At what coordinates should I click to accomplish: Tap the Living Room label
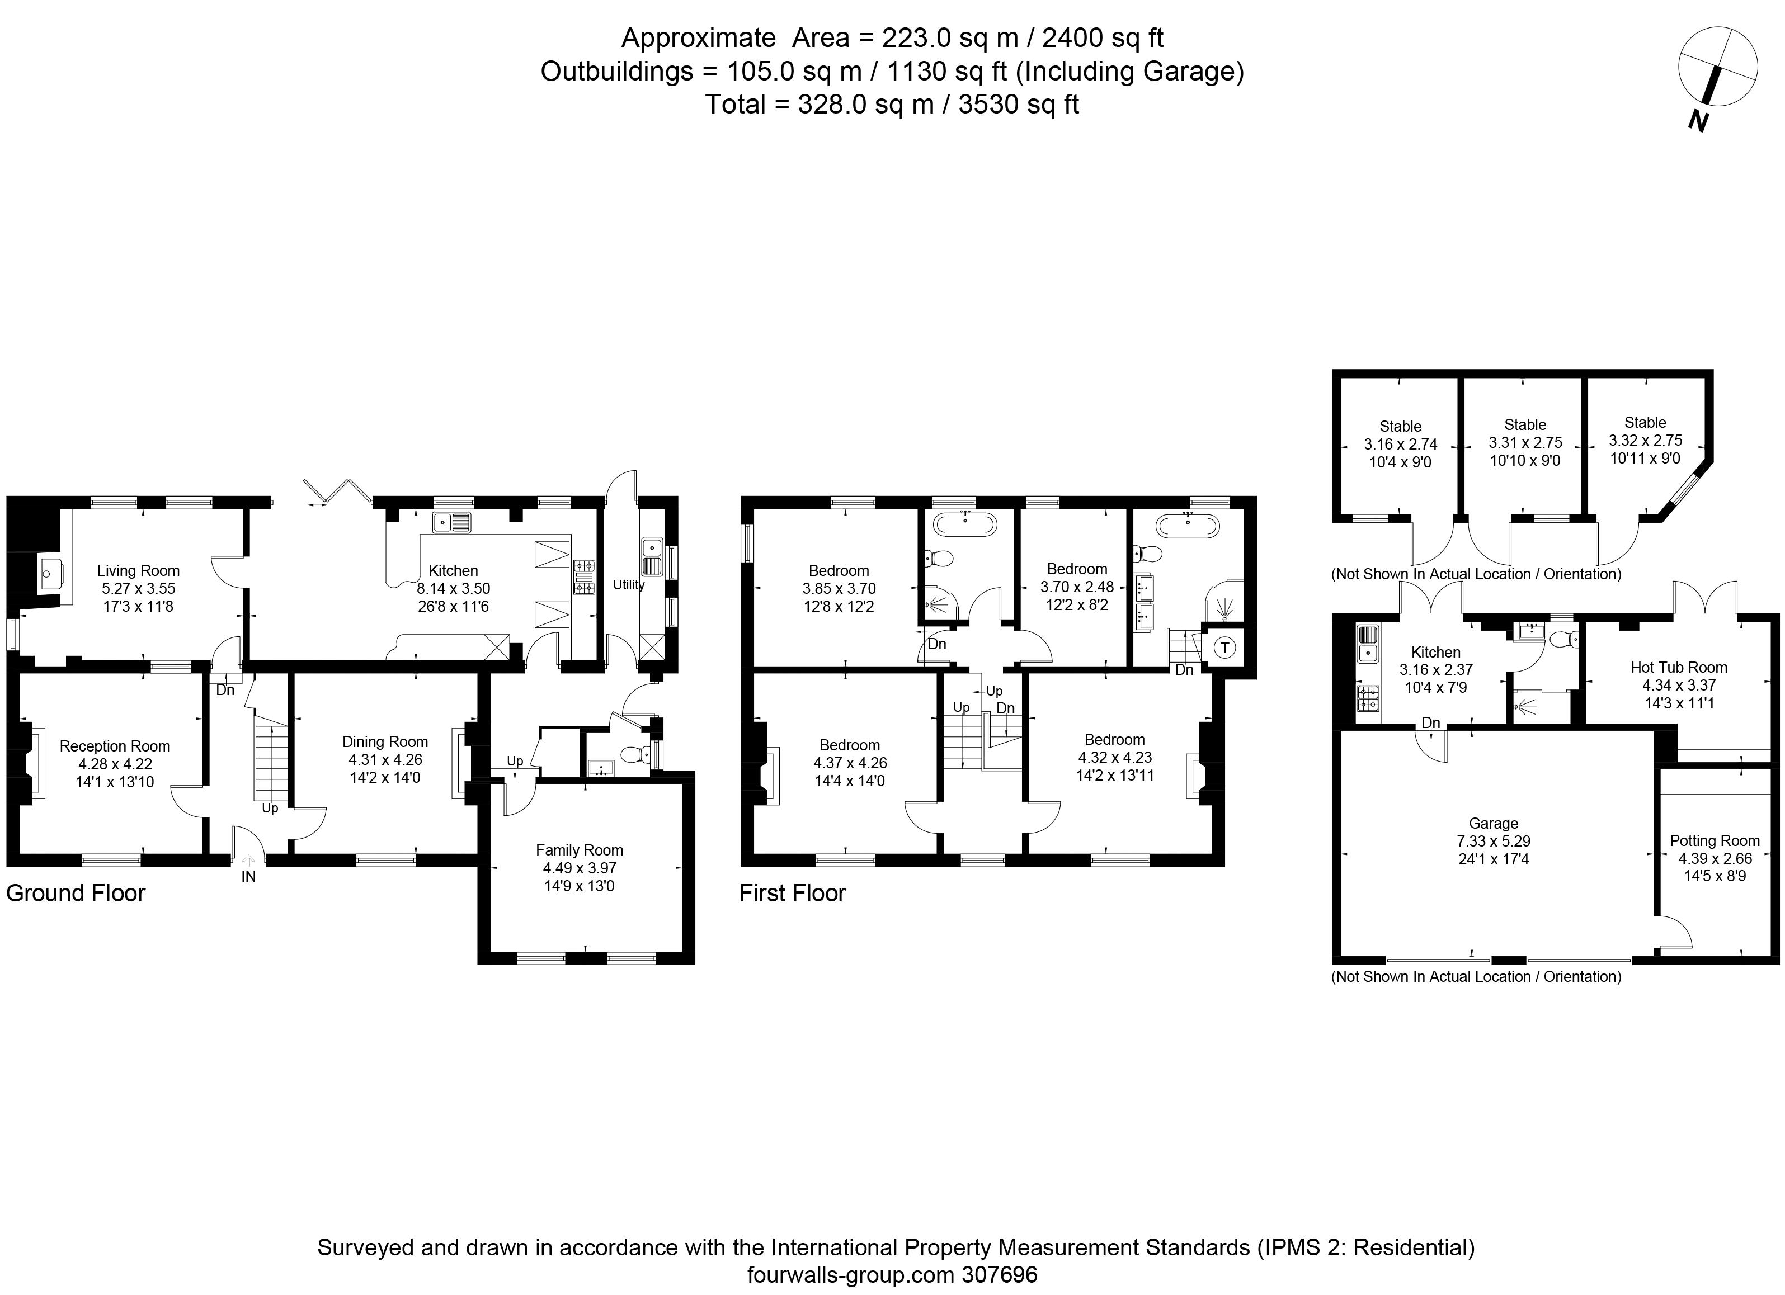tap(139, 570)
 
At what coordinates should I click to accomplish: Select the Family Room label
tap(580, 850)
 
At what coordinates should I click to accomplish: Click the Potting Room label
tap(1715, 840)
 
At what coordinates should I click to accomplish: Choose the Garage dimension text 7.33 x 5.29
tap(1494, 841)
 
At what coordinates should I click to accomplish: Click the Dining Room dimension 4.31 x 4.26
tap(385, 759)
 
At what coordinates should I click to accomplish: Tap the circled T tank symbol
tap(1224, 647)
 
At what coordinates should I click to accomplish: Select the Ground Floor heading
tap(76, 893)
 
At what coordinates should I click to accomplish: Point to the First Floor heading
tap(793, 893)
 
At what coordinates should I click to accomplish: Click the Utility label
tap(629, 584)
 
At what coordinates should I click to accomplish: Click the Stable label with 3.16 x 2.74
tap(1401, 427)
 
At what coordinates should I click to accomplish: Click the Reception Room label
tap(115, 746)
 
